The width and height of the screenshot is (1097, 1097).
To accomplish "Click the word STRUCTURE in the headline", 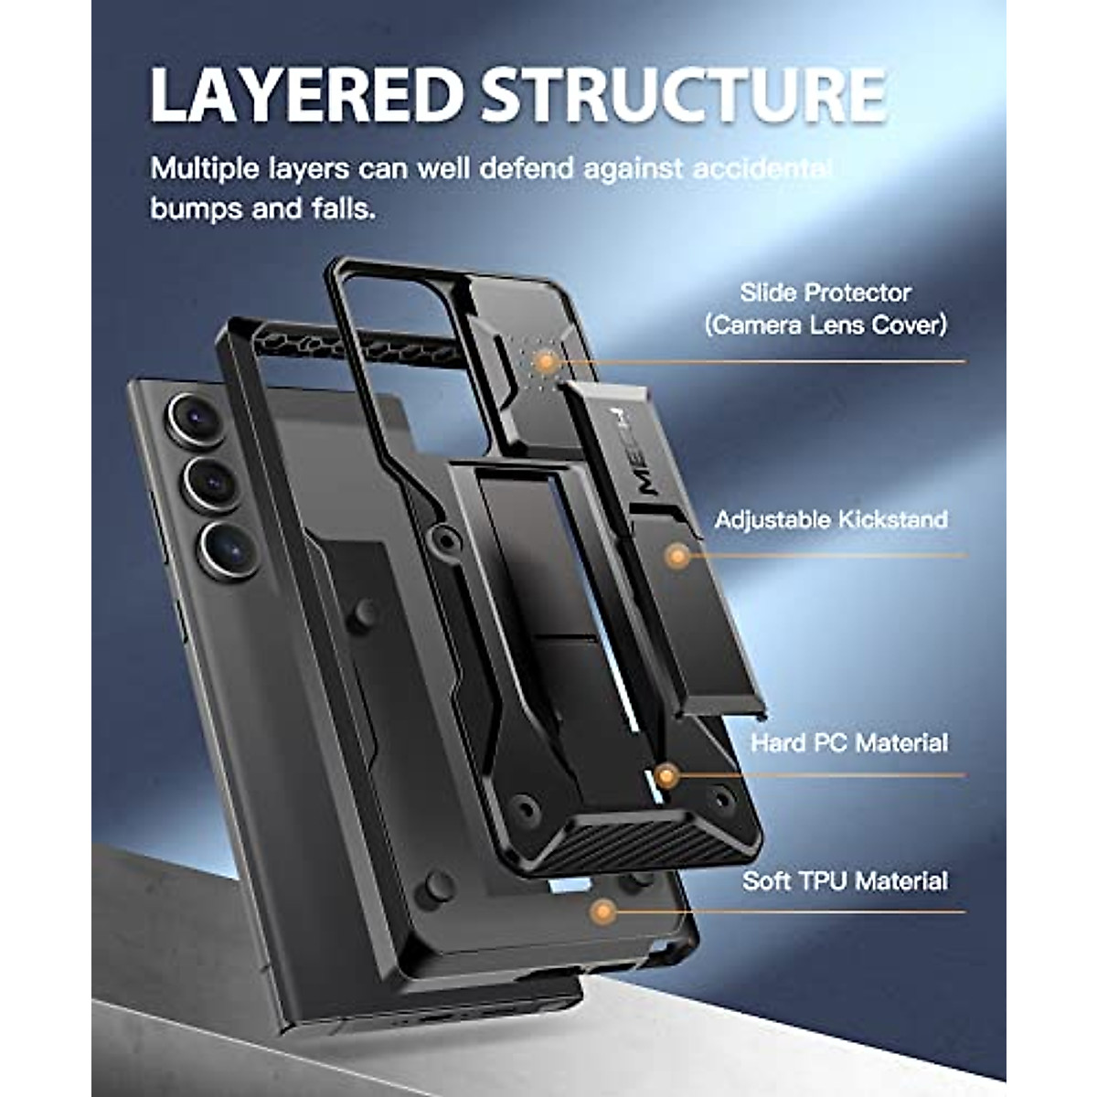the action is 684,94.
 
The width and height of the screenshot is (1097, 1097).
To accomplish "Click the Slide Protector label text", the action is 825,293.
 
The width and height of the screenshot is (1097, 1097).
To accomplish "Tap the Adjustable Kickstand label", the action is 831,520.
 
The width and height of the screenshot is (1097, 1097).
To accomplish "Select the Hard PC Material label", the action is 849,742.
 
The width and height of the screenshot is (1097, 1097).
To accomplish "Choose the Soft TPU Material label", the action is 845,881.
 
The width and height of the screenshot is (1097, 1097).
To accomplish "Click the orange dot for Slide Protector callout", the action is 546,362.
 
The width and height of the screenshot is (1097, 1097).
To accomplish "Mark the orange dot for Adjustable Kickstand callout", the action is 677,555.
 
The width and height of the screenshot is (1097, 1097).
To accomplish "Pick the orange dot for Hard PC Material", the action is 666,777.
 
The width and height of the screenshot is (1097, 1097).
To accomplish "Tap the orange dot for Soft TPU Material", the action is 602,911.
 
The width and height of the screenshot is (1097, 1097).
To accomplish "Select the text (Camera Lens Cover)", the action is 825,325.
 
